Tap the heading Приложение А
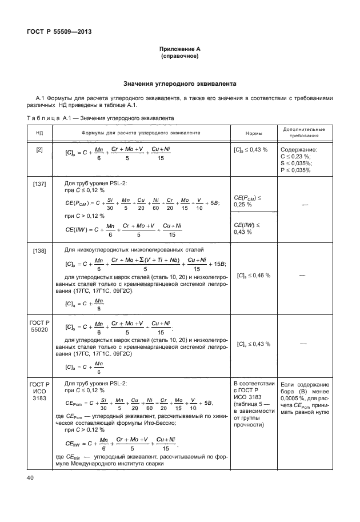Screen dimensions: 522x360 [x=179, y=50]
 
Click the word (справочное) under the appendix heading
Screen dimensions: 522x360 [x=179, y=57]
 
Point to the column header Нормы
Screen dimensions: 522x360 [x=254, y=133]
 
